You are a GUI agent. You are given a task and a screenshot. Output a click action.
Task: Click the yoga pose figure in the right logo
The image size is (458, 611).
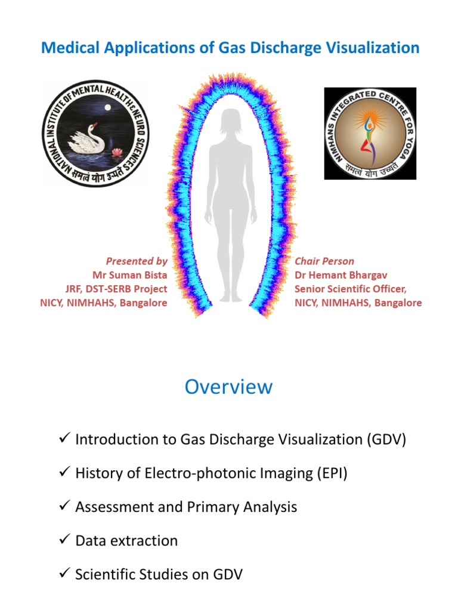(369, 135)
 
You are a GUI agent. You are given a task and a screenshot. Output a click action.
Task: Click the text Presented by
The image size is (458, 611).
(137, 261)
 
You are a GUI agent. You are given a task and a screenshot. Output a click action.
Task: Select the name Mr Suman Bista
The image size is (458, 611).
(130, 275)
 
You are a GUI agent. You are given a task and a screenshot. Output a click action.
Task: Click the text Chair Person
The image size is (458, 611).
(324, 261)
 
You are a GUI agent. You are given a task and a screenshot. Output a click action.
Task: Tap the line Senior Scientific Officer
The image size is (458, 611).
(350, 289)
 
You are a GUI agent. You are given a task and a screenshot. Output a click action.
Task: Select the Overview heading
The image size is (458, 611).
(228, 387)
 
